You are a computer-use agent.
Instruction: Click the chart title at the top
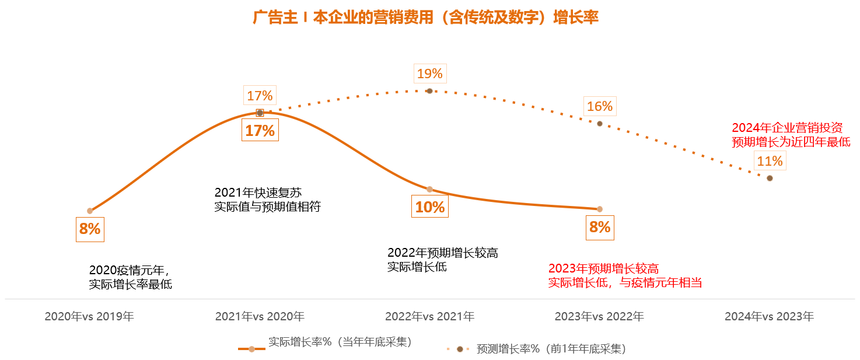point(425,18)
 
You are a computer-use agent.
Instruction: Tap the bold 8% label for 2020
point(90,229)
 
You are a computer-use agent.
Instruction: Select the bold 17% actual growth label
point(260,130)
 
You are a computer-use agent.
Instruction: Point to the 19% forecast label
point(429,74)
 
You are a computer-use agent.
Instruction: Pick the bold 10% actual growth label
point(429,207)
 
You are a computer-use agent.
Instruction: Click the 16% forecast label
point(599,106)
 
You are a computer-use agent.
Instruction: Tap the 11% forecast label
point(770,160)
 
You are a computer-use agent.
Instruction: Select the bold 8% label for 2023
point(599,227)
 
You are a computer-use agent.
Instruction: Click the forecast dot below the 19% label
point(429,91)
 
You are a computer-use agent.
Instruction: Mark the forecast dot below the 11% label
point(770,178)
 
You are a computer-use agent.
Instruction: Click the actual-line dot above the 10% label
point(429,189)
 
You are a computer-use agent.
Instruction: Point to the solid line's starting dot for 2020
point(90,211)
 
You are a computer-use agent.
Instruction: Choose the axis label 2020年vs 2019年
point(89,317)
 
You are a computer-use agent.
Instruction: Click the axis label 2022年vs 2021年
point(429,317)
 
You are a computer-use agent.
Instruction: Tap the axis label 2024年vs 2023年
point(769,317)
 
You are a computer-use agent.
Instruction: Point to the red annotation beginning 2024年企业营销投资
point(791,135)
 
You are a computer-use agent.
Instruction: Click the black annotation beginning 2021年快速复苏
point(267,200)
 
